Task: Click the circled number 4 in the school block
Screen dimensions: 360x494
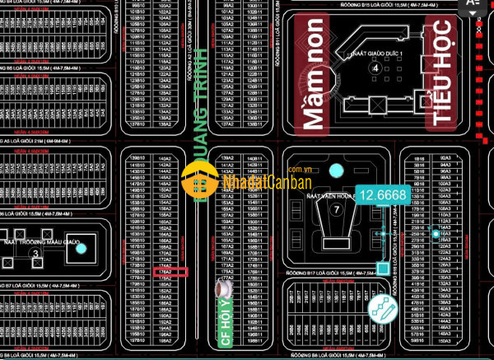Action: [x=375, y=68]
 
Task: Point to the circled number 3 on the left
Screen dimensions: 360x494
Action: [x=35, y=254]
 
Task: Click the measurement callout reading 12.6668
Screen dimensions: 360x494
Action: [x=384, y=195]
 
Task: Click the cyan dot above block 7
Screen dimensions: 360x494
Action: [x=335, y=171]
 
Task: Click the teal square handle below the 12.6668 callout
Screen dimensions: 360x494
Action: [x=383, y=268]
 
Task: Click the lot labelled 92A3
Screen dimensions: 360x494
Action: [x=446, y=157]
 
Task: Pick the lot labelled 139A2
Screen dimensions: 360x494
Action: [x=227, y=157]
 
